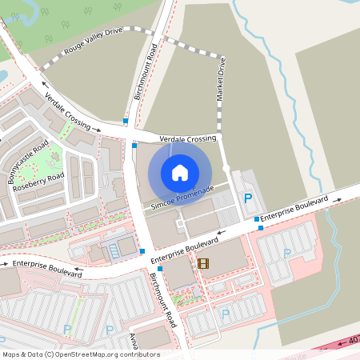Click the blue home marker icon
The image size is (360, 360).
coord(179,172)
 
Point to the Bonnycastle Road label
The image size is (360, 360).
coord(29,162)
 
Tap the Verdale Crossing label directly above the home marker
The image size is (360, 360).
coord(188,138)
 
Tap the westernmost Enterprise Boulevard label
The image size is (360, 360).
coord(42,266)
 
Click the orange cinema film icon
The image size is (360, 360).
coord(202,263)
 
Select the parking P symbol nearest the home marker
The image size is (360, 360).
coord(247,198)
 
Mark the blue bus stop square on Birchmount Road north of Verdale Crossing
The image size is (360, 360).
coord(126,121)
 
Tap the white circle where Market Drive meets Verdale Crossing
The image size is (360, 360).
coord(226,168)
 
